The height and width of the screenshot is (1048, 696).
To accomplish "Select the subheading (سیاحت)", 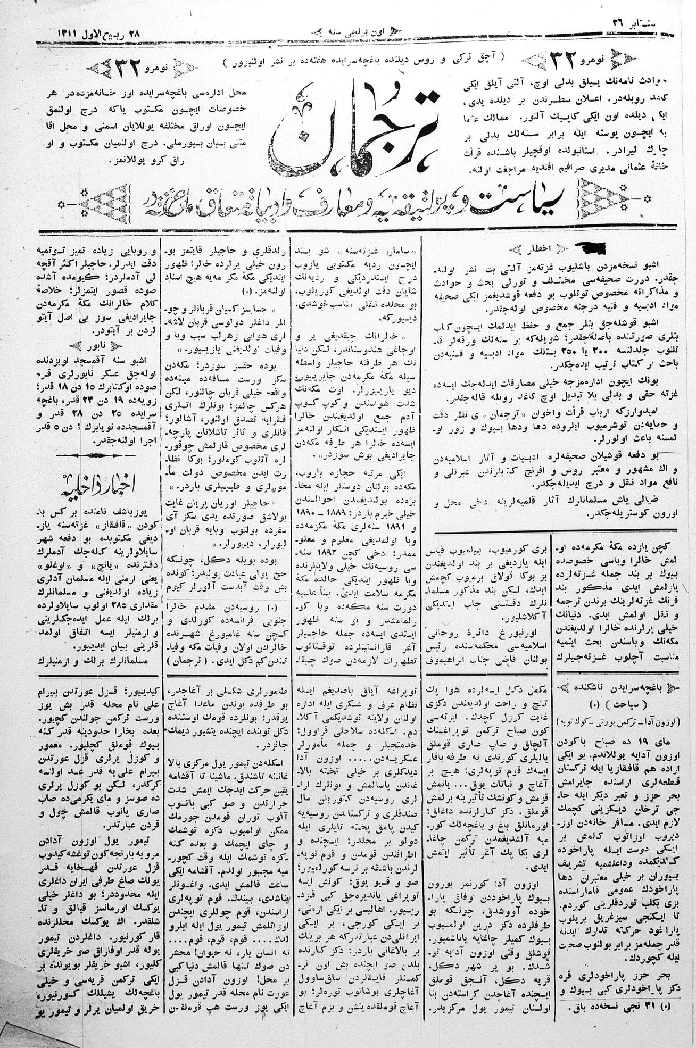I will [617, 701].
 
